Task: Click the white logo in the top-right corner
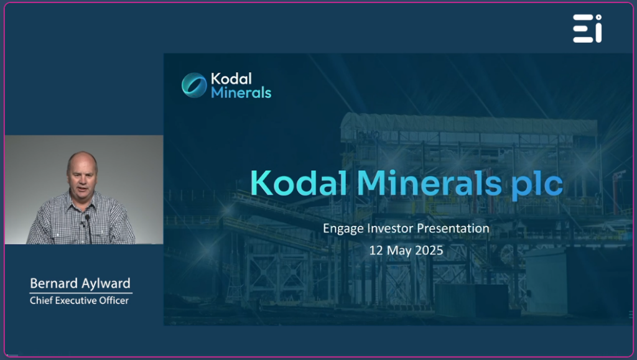pos(587,29)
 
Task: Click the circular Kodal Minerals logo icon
pos(194,85)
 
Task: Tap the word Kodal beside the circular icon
pos(231,78)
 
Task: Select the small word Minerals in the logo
pos(241,93)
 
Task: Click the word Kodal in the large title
pos(299,183)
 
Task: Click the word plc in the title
pos(537,185)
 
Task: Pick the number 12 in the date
pos(376,251)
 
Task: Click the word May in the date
pos(399,251)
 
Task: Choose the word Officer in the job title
pos(119,300)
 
